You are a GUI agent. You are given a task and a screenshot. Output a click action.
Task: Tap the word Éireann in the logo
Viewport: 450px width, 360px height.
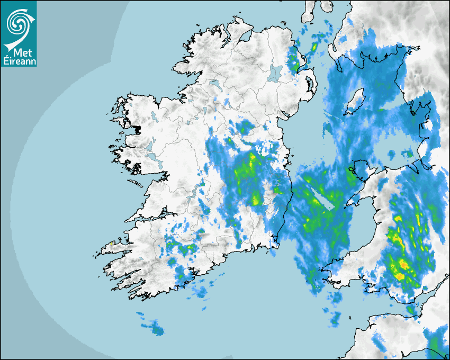19,61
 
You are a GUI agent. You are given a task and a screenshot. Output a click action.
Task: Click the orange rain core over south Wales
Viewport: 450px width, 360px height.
403,263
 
